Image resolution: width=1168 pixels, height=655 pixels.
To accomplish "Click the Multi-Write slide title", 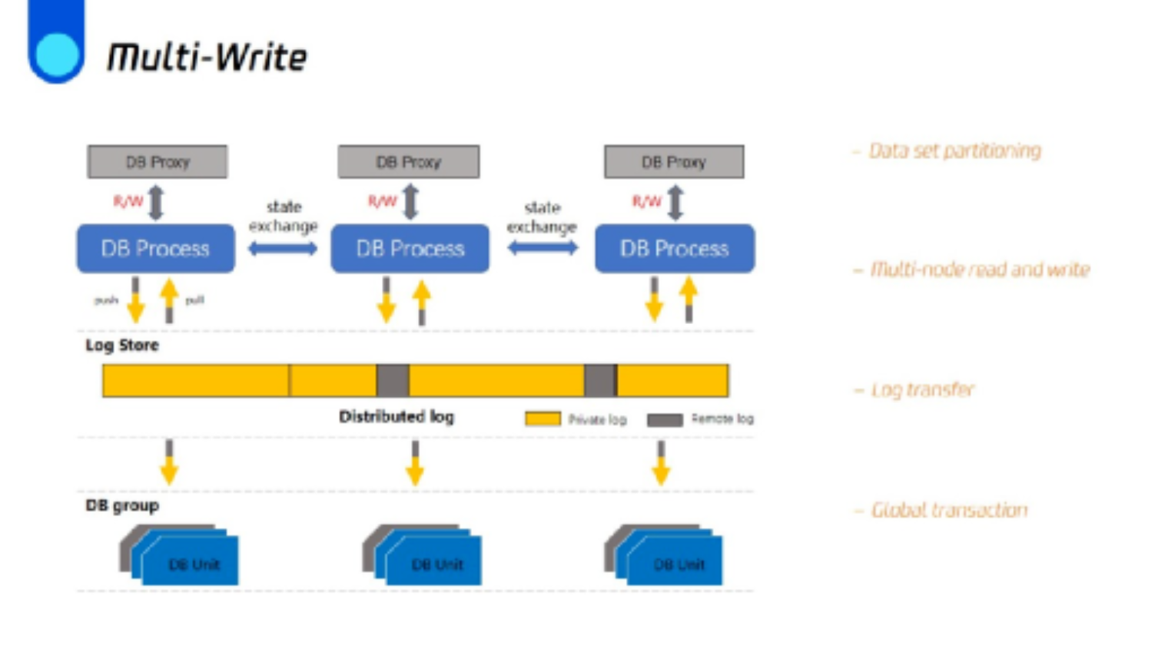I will click(x=207, y=58).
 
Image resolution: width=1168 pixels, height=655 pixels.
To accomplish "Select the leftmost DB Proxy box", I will click(x=158, y=162).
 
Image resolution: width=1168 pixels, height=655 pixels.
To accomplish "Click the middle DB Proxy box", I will click(x=408, y=162).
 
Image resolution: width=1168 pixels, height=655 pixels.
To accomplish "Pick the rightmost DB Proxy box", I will click(x=674, y=162).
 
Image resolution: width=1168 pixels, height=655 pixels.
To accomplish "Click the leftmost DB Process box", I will click(x=155, y=249).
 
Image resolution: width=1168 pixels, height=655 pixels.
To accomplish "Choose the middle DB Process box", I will click(x=410, y=249).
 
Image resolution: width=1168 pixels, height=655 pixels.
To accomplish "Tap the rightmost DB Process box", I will click(x=674, y=249).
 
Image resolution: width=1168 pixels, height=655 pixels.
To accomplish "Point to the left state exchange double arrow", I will click(x=282, y=249).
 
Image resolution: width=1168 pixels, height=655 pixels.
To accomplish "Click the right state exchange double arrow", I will click(x=542, y=248).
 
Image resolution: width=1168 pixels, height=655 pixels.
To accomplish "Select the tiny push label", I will click(x=106, y=300).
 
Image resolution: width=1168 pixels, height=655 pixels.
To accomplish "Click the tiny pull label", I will click(x=194, y=300).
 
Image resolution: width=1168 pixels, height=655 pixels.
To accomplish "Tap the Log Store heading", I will click(x=122, y=346).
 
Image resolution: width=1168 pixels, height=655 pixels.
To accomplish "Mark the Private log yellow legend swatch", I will click(x=543, y=419).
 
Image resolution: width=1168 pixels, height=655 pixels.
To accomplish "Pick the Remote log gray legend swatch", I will click(x=665, y=420).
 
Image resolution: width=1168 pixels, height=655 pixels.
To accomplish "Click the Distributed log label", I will click(x=397, y=417).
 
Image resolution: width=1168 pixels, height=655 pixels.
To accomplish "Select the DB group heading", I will click(x=122, y=506).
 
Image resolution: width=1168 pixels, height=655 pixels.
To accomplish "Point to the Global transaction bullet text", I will click(x=948, y=511).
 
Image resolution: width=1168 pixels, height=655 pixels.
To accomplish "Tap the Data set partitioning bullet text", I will click(x=954, y=151).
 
